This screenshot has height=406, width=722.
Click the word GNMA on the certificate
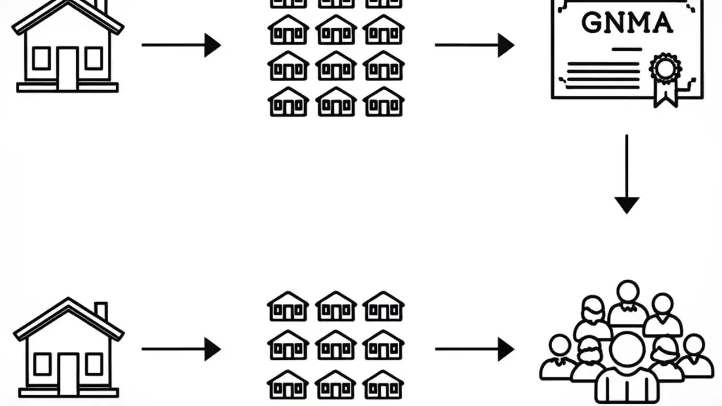[627, 23]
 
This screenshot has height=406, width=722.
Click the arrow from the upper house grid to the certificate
[474, 45]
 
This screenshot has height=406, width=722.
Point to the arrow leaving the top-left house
[180, 45]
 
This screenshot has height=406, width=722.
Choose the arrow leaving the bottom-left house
[180, 349]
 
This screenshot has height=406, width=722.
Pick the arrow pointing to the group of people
[474, 349]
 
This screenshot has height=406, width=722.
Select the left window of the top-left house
[41, 58]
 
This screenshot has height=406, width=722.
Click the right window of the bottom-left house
[93, 364]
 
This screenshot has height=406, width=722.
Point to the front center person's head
[627, 349]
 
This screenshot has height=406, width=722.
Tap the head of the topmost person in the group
[627, 292]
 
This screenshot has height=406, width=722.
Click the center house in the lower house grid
[336, 345]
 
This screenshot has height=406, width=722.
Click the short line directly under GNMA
[627, 50]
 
